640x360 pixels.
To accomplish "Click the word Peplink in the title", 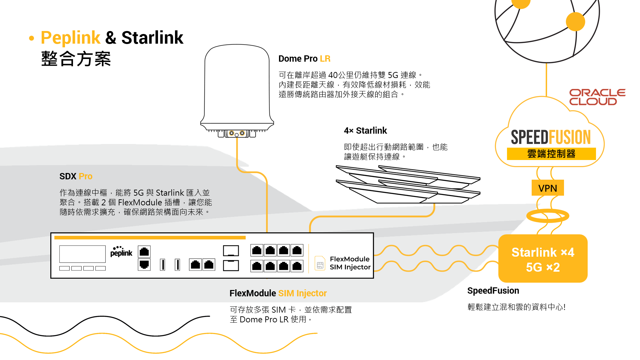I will (70, 38).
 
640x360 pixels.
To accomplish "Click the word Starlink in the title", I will (152, 38).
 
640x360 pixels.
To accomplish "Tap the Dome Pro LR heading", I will (304, 59).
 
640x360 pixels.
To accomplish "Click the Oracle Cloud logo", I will (597, 97).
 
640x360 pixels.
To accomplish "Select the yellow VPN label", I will (547, 188).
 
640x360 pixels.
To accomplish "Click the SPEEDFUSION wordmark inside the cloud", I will (551, 137).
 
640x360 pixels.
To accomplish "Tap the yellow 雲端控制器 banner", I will (551, 154).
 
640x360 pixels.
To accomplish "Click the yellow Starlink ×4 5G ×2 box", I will (543, 259).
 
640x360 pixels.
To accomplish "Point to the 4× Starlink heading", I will (365, 131).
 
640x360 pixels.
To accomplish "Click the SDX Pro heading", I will (76, 176).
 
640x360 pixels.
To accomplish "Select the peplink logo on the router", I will (121, 252).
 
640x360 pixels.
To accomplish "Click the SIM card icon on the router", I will (320, 263).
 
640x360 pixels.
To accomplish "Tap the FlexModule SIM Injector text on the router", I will (350, 263).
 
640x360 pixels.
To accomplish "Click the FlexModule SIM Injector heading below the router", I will (278, 293).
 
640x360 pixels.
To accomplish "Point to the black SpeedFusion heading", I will (493, 291).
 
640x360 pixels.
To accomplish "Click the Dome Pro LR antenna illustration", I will (237, 87).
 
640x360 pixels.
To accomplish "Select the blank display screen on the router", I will (82, 254).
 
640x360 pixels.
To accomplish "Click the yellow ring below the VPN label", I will (547, 216).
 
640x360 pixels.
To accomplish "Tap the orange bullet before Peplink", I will (32, 38).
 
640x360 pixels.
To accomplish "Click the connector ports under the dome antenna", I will (237, 134).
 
